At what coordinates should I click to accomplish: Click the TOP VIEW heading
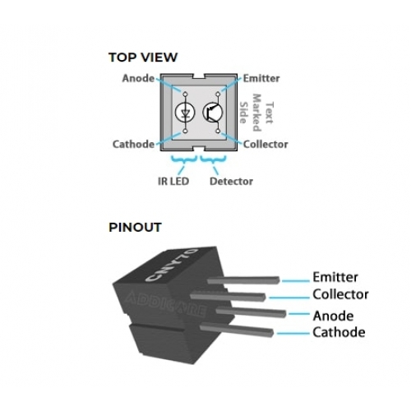point(143,58)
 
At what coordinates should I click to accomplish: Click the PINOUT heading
point(135,227)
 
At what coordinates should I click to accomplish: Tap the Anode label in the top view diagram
point(138,78)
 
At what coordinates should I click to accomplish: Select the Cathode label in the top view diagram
point(133,144)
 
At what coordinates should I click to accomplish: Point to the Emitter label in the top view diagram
point(261,78)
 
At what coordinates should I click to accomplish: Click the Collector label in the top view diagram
point(266,144)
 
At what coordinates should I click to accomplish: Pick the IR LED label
point(173,181)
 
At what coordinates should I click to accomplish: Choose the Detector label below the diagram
point(231,181)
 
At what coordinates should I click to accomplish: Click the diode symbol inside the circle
point(185,112)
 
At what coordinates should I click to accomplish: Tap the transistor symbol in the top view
point(213,112)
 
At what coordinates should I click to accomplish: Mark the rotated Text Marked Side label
point(256,113)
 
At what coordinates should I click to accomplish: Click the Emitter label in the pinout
point(335,277)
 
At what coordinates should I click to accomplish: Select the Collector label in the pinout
point(340,294)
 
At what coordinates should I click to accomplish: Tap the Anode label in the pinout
point(333,316)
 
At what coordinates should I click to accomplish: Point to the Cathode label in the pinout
point(339,332)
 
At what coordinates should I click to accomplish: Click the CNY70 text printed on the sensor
point(172,265)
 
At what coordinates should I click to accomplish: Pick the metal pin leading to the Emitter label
point(243,280)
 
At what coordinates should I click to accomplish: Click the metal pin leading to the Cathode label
point(237,330)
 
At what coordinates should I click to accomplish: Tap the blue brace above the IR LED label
point(184,159)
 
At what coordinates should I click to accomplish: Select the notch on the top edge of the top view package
point(199,76)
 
